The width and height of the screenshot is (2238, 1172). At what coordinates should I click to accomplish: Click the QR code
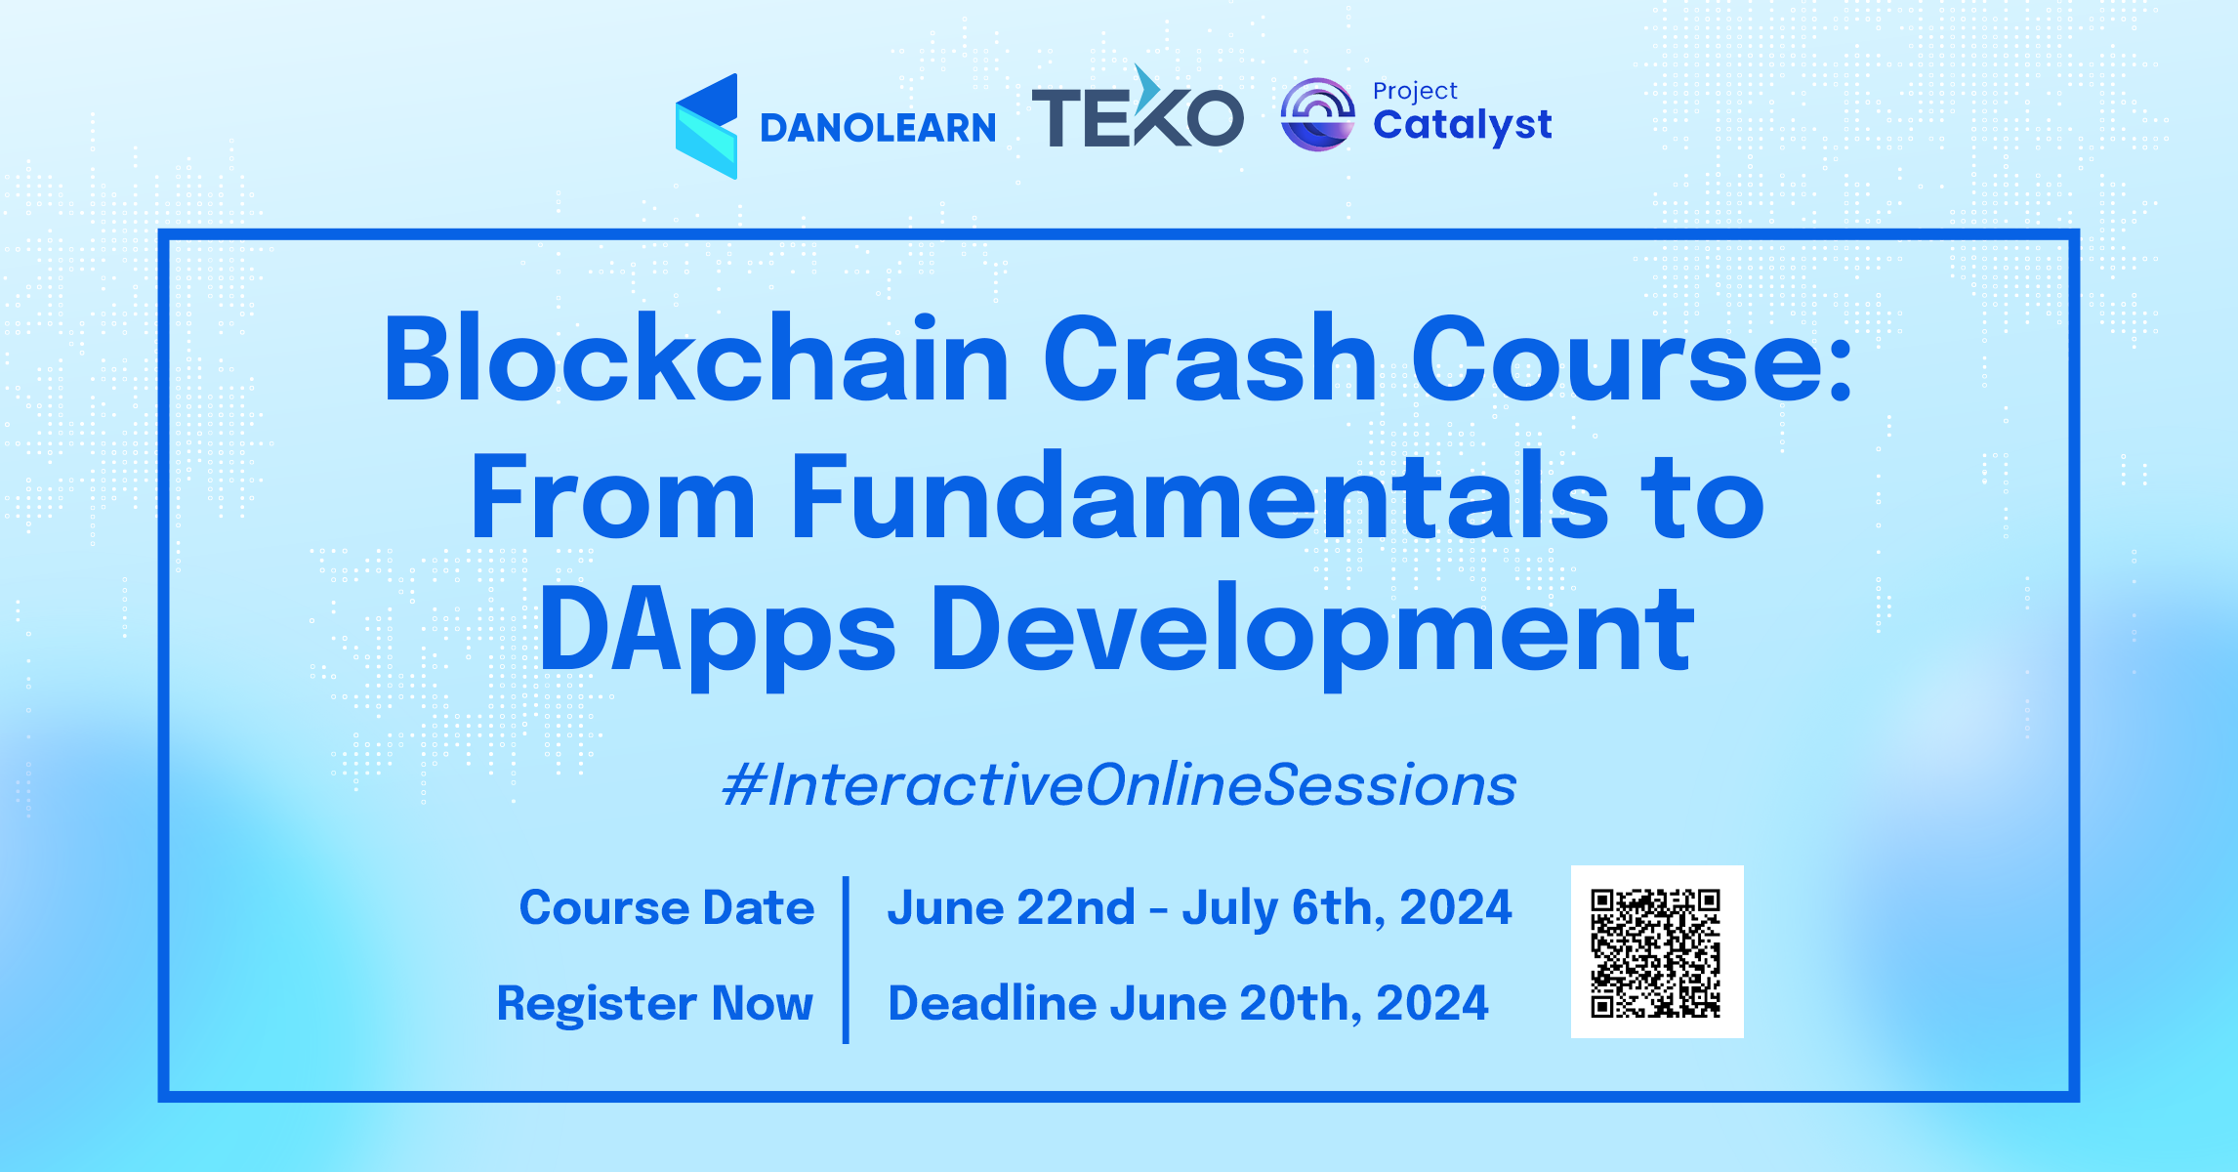(1656, 952)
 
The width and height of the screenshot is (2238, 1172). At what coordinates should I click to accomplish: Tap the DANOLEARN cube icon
(706, 126)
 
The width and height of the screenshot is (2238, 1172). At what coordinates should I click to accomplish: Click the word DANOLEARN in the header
(878, 128)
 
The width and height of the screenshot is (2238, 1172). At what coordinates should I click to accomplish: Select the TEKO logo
(1137, 112)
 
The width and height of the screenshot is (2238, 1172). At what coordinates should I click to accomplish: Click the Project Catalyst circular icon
(1317, 114)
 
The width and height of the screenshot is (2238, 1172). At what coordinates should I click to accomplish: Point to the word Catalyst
(1462, 126)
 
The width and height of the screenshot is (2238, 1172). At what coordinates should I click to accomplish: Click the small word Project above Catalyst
(1414, 91)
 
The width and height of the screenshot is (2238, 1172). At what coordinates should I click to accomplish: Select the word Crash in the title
(1210, 358)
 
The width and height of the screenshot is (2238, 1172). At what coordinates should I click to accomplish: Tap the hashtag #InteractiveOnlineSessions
(1119, 785)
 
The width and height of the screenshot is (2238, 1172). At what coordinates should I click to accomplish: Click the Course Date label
(666, 907)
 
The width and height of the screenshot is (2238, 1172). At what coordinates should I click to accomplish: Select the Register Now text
(654, 1003)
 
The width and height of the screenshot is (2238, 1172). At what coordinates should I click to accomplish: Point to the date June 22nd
(1011, 907)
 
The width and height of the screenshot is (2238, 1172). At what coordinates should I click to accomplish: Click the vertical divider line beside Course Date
(846, 959)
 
